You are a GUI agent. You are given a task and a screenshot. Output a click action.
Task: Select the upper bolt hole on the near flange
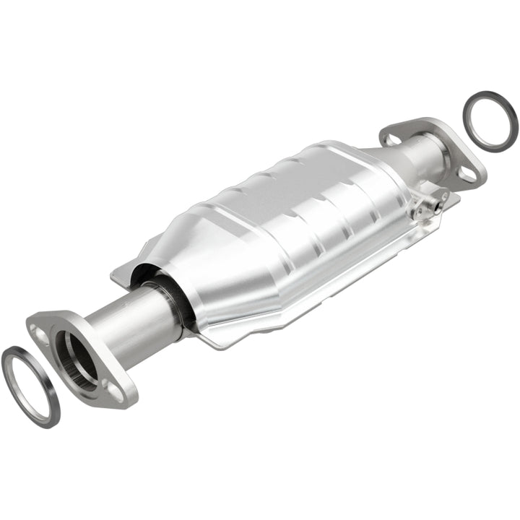click(x=40, y=331)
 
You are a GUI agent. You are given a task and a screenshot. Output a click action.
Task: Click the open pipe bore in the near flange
click(x=79, y=358)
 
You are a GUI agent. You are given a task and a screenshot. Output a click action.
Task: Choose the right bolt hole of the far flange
click(x=468, y=173)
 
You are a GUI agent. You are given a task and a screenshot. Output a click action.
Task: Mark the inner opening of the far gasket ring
click(x=490, y=120)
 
